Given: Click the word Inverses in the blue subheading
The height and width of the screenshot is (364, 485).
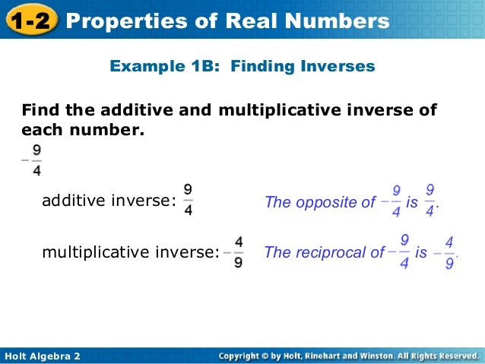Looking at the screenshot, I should pyautogui.click(x=338, y=67).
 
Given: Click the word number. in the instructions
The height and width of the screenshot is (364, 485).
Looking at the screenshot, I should pyautogui.click(x=106, y=130).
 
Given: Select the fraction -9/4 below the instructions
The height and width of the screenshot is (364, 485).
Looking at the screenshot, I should pyautogui.click(x=32, y=160).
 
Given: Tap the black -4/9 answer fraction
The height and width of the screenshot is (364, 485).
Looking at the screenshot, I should pyautogui.click(x=234, y=252).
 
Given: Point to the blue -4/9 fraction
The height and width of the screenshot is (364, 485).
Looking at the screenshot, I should pyautogui.click(x=445, y=253).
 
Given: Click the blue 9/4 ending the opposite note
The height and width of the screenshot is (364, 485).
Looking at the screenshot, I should pyautogui.click(x=430, y=201).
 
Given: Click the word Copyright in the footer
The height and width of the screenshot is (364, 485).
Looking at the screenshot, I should pyautogui.click(x=243, y=356).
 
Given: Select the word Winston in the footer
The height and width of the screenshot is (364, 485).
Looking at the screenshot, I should pyautogui.click(x=385, y=356).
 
